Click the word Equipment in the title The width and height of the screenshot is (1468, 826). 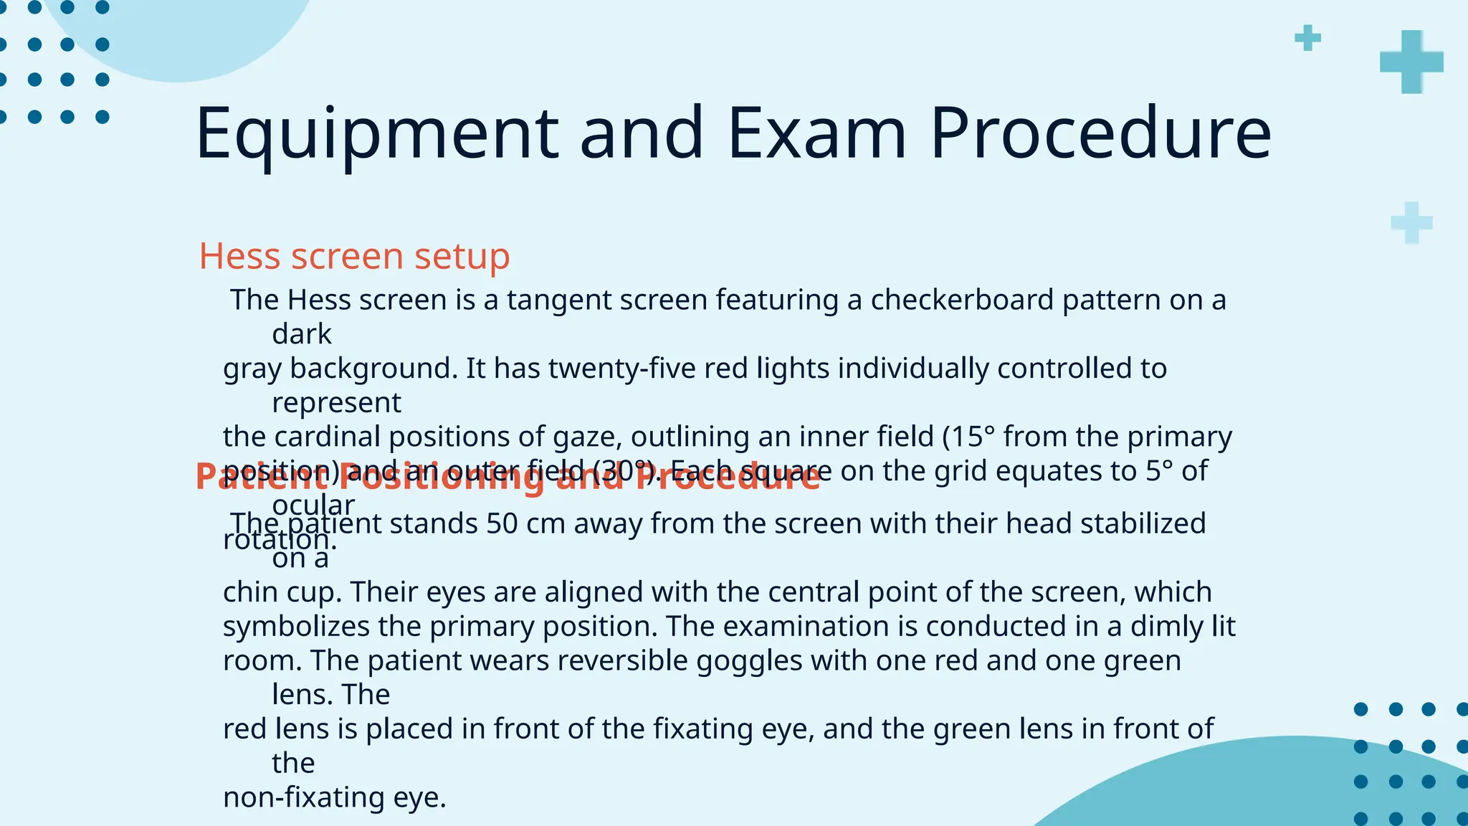[x=376, y=134]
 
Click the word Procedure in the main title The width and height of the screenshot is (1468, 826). [x=1100, y=134]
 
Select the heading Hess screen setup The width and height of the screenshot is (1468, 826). [x=354, y=256]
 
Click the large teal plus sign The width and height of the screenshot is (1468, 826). [x=1411, y=62]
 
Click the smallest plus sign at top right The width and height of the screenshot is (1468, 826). [x=1307, y=38]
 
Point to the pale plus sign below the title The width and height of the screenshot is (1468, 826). [x=1411, y=223]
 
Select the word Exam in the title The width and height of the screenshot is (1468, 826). [x=816, y=134]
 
